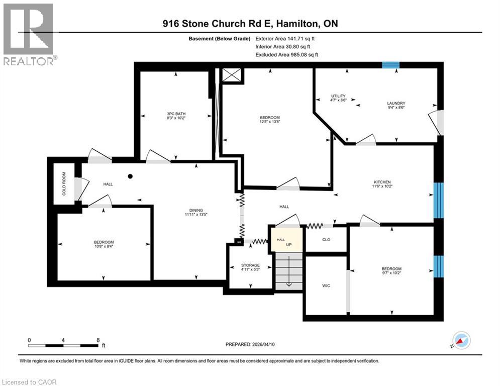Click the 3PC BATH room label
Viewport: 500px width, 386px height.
(176, 114)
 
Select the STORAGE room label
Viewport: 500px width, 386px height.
(250, 265)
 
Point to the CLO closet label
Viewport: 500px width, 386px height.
(326, 240)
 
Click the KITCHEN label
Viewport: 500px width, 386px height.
(382, 182)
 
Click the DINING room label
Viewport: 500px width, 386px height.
(195, 211)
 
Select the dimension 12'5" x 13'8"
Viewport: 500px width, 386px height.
(270, 122)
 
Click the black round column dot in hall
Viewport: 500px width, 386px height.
(130, 176)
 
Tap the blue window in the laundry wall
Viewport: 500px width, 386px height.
(390, 64)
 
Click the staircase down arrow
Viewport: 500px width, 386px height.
(289, 283)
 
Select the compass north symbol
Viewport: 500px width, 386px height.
(461, 341)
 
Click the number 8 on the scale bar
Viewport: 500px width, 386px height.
(96, 339)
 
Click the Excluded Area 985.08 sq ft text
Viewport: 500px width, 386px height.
(287, 54)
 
